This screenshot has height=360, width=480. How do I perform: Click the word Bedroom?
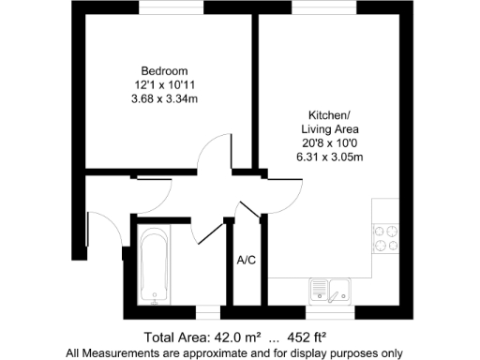click(x=164, y=71)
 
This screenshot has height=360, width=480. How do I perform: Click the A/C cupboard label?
click(x=247, y=260)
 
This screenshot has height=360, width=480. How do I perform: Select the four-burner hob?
click(x=385, y=238)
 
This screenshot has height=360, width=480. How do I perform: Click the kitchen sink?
click(x=330, y=292)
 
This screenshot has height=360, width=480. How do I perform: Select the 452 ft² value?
click(x=305, y=337)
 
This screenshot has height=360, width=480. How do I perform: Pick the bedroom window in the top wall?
click(x=170, y=7)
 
